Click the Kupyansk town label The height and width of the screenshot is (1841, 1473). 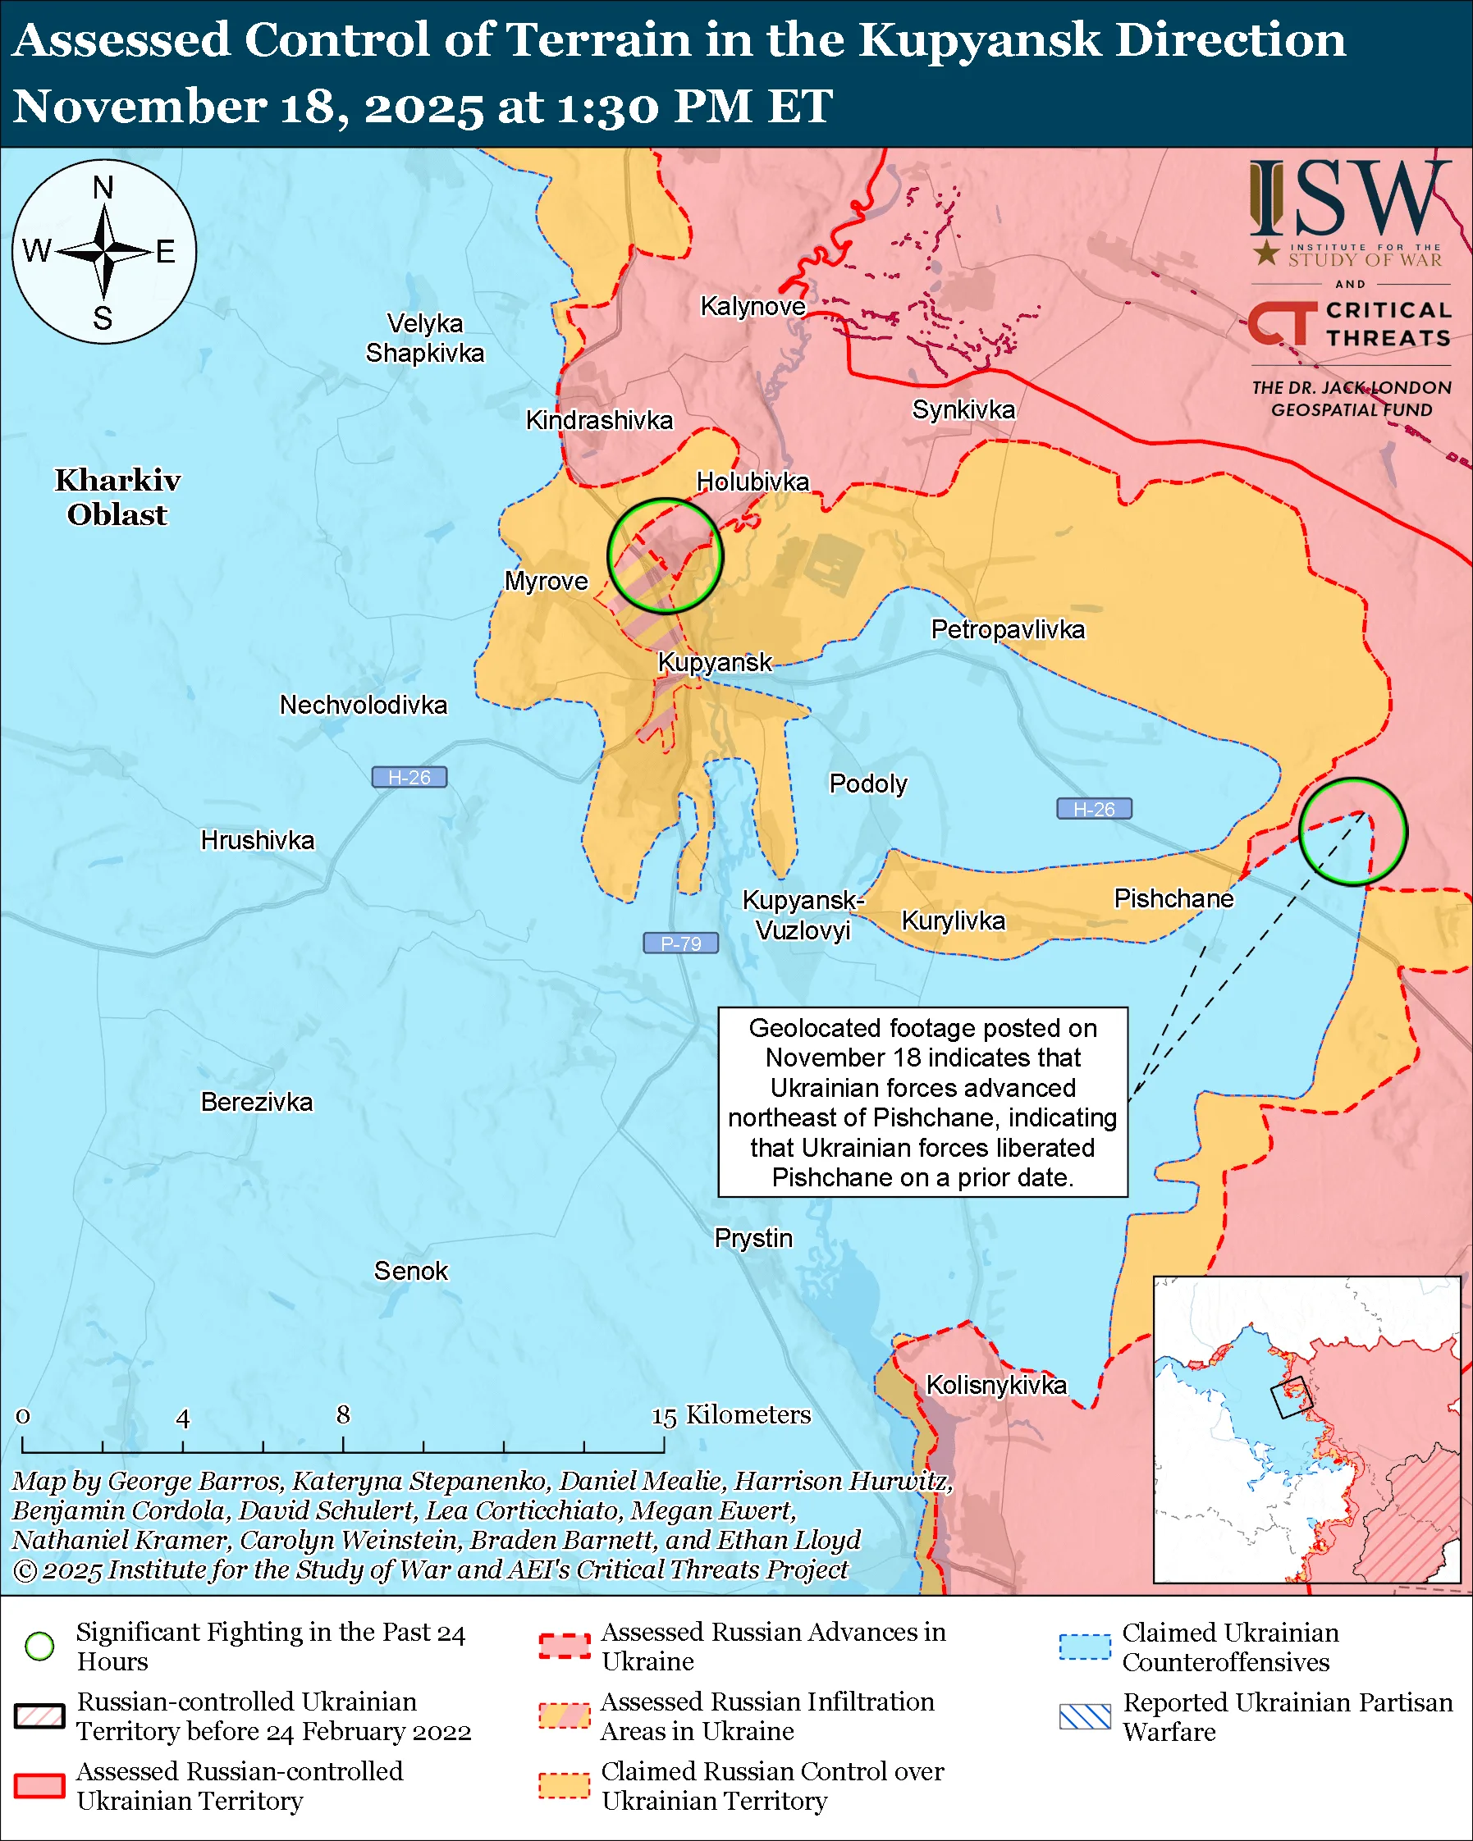click(x=714, y=663)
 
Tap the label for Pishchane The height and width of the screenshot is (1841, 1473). click(x=1173, y=898)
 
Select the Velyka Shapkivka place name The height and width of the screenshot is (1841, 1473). click(x=424, y=338)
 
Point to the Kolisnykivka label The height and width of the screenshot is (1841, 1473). click(x=995, y=1384)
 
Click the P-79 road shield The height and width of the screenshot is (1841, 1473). click(x=680, y=943)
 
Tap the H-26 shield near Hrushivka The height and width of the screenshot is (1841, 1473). click(x=409, y=777)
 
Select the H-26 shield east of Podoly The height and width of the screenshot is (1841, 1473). click(x=1094, y=809)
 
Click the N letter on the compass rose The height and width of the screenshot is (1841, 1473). click(x=103, y=187)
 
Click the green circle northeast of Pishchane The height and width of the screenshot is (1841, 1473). click(x=1352, y=832)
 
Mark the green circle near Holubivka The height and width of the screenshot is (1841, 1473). click(x=666, y=556)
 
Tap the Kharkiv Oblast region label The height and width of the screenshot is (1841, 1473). click(x=117, y=497)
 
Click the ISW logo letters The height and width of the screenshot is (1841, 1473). click(x=1350, y=201)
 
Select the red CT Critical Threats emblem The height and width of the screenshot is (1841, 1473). click(x=1281, y=323)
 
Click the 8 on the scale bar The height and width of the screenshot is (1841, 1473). click(x=342, y=1415)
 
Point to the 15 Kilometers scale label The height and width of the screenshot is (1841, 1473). click(x=731, y=1415)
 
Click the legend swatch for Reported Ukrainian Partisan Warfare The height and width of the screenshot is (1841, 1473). click(x=1085, y=1716)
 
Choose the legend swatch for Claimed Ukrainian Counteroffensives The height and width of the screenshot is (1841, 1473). click(x=1085, y=1647)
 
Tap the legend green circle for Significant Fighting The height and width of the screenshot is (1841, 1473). click(x=40, y=1646)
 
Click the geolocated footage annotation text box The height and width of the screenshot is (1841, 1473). click(x=922, y=1102)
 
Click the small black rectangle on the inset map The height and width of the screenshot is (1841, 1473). click(x=1290, y=1397)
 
